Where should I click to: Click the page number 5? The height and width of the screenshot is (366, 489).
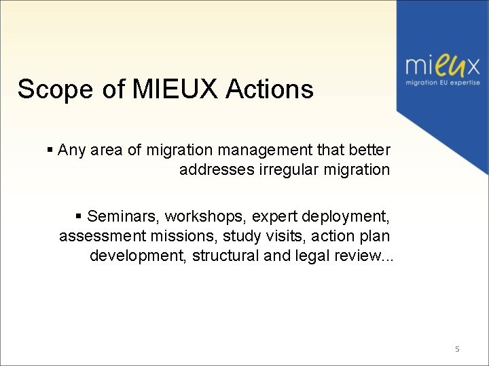click(x=457, y=349)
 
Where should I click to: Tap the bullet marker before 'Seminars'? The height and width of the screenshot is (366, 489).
click(x=79, y=216)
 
